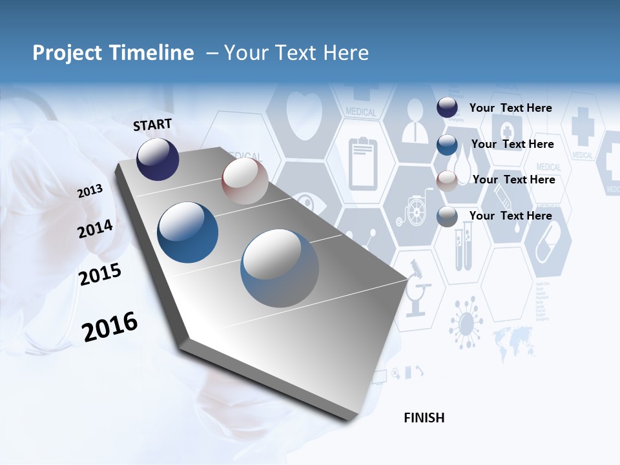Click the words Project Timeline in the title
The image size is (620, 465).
pyautogui.click(x=113, y=53)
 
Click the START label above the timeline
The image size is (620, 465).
pyautogui.click(x=152, y=125)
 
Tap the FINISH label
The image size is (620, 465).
pyautogui.click(x=424, y=418)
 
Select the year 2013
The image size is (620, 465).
pyautogui.click(x=90, y=191)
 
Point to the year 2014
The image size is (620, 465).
pyautogui.click(x=94, y=229)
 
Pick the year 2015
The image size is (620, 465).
pyautogui.click(x=99, y=274)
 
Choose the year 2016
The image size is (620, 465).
pyautogui.click(x=110, y=327)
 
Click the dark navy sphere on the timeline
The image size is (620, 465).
pyautogui.click(x=158, y=159)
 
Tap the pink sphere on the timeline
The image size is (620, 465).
pyautogui.click(x=245, y=181)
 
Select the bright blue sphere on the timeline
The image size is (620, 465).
pyautogui.click(x=188, y=232)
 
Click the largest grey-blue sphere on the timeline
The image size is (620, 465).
pyautogui.click(x=280, y=268)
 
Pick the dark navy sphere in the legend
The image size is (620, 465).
pyautogui.click(x=447, y=108)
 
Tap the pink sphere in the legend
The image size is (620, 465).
pyautogui.click(x=447, y=180)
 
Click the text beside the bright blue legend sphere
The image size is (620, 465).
pyautogui.click(x=512, y=144)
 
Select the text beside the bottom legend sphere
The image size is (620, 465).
pyautogui.click(x=510, y=216)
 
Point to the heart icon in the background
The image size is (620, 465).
pyautogui.click(x=303, y=116)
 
